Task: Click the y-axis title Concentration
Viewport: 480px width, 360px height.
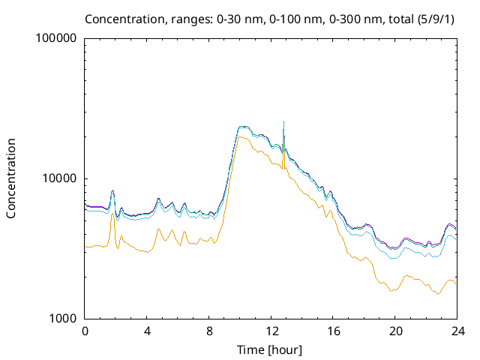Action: click(11, 178)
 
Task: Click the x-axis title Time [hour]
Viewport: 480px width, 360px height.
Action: click(270, 349)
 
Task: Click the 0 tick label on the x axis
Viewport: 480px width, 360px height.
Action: click(85, 331)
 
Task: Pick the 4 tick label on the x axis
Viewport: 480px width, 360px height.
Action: click(147, 331)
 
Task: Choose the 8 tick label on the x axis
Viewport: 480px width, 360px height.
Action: click(209, 331)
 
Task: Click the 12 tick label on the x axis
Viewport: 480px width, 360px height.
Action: click(271, 331)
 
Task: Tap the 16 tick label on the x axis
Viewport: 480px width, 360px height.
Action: click(333, 331)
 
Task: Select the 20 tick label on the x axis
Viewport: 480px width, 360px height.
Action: click(395, 331)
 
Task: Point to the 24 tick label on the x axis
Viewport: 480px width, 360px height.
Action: click(457, 331)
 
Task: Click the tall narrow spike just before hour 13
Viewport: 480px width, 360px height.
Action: click(283, 124)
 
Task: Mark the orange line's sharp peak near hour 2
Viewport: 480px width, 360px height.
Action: click(113, 214)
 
